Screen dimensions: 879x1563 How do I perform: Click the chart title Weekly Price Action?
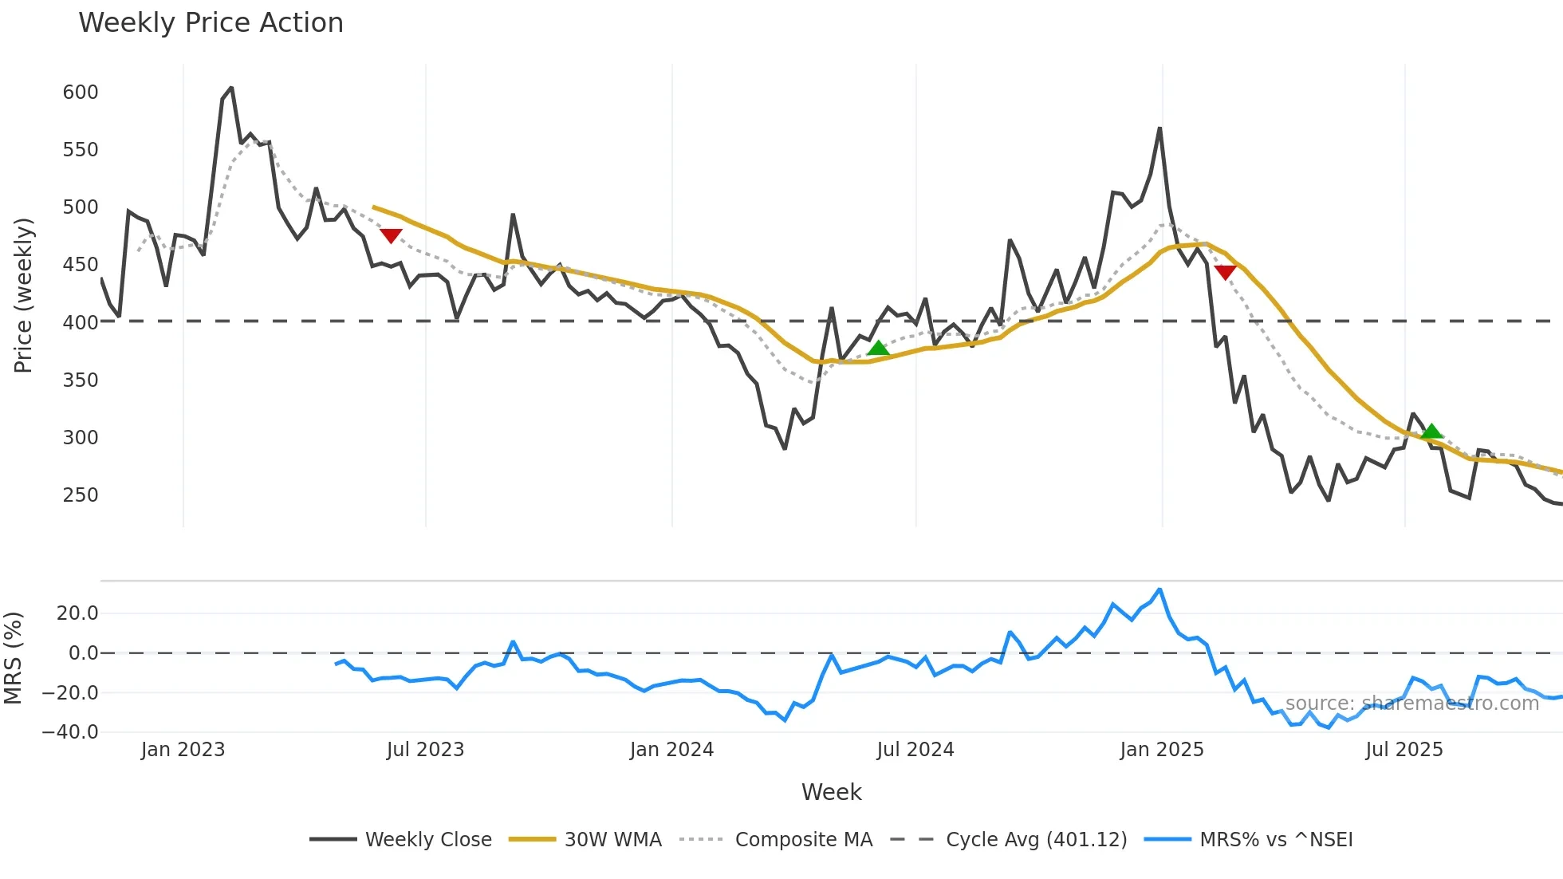coord(211,23)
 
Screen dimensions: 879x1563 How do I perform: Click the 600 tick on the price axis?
coord(81,93)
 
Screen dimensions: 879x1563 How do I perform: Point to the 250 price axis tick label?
coord(81,495)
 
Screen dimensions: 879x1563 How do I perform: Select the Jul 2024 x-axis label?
coord(915,750)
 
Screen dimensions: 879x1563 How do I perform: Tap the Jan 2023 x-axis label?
coord(183,750)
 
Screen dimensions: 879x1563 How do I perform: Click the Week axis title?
coord(831,792)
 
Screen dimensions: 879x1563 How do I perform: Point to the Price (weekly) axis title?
coord(23,295)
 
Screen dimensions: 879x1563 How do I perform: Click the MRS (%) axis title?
coord(13,658)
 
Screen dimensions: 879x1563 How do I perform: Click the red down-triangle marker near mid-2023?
coord(391,235)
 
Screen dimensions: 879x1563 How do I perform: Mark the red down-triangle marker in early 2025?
coord(1225,272)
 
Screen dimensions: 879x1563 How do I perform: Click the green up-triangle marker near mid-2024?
coord(878,349)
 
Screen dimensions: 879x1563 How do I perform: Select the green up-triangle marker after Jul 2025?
coord(1431,432)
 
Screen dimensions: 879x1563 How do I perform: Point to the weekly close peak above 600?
coord(231,88)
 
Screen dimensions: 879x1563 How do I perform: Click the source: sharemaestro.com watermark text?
coord(1411,704)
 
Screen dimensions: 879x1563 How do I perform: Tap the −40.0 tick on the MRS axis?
coord(70,732)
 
